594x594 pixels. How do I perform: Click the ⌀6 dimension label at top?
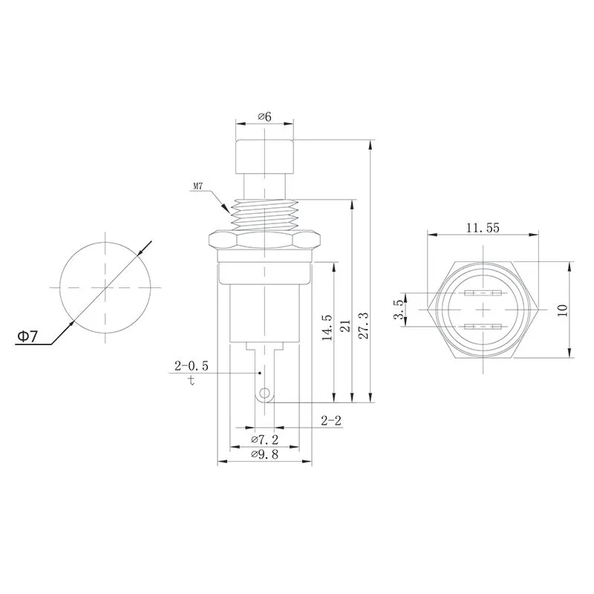click(264, 117)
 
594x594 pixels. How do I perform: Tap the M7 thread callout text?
click(198, 187)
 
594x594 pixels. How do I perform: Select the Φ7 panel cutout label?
click(27, 336)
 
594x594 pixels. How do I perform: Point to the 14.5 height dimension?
click(327, 327)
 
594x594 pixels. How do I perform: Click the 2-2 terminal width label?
click(330, 421)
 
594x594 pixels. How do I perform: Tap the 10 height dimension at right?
click(562, 309)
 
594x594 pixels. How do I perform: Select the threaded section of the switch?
click(264, 214)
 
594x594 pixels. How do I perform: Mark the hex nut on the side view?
click(264, 240)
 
